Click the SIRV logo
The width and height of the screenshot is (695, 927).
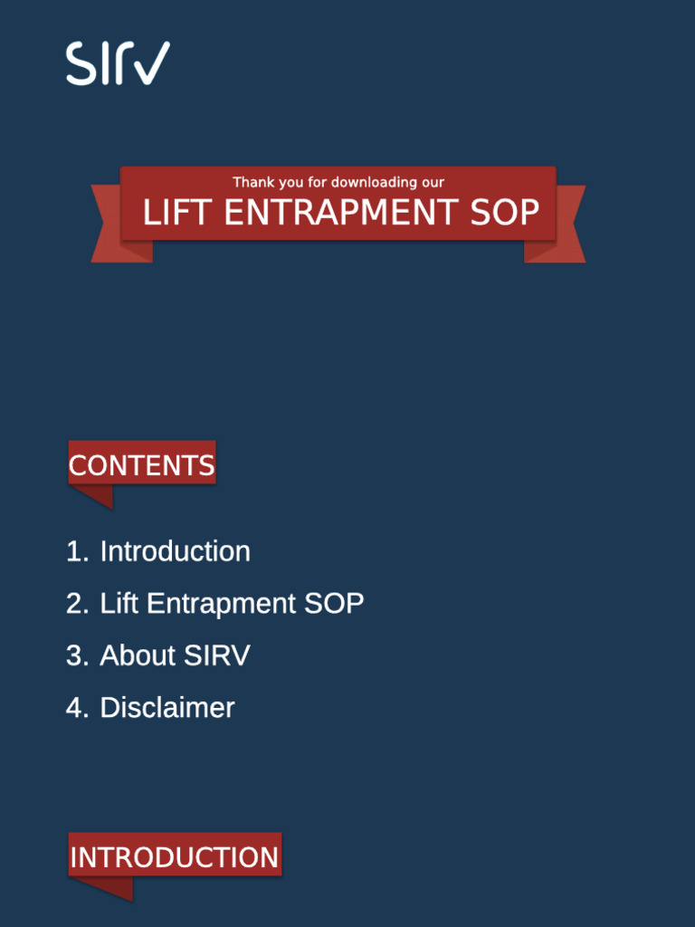click(118, 63)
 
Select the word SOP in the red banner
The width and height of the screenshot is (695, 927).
click(504, 214)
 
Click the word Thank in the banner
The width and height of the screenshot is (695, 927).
click(253, 183)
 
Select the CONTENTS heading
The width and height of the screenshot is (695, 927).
click(142, 465)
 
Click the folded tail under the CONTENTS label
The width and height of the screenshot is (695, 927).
click(96, 495)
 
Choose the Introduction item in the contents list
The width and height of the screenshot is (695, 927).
click(175, 551)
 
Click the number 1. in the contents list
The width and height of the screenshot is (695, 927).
click(77, 551)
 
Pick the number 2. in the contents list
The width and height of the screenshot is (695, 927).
click(77, 604)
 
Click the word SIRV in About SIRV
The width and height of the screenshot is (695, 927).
click(216, 655)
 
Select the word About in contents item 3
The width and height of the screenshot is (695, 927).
click(138, 655)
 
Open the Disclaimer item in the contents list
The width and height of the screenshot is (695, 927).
click(167, 708)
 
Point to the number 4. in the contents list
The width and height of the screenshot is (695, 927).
click(77, 708)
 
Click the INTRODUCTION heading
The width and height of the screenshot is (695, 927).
click(175, 857)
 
